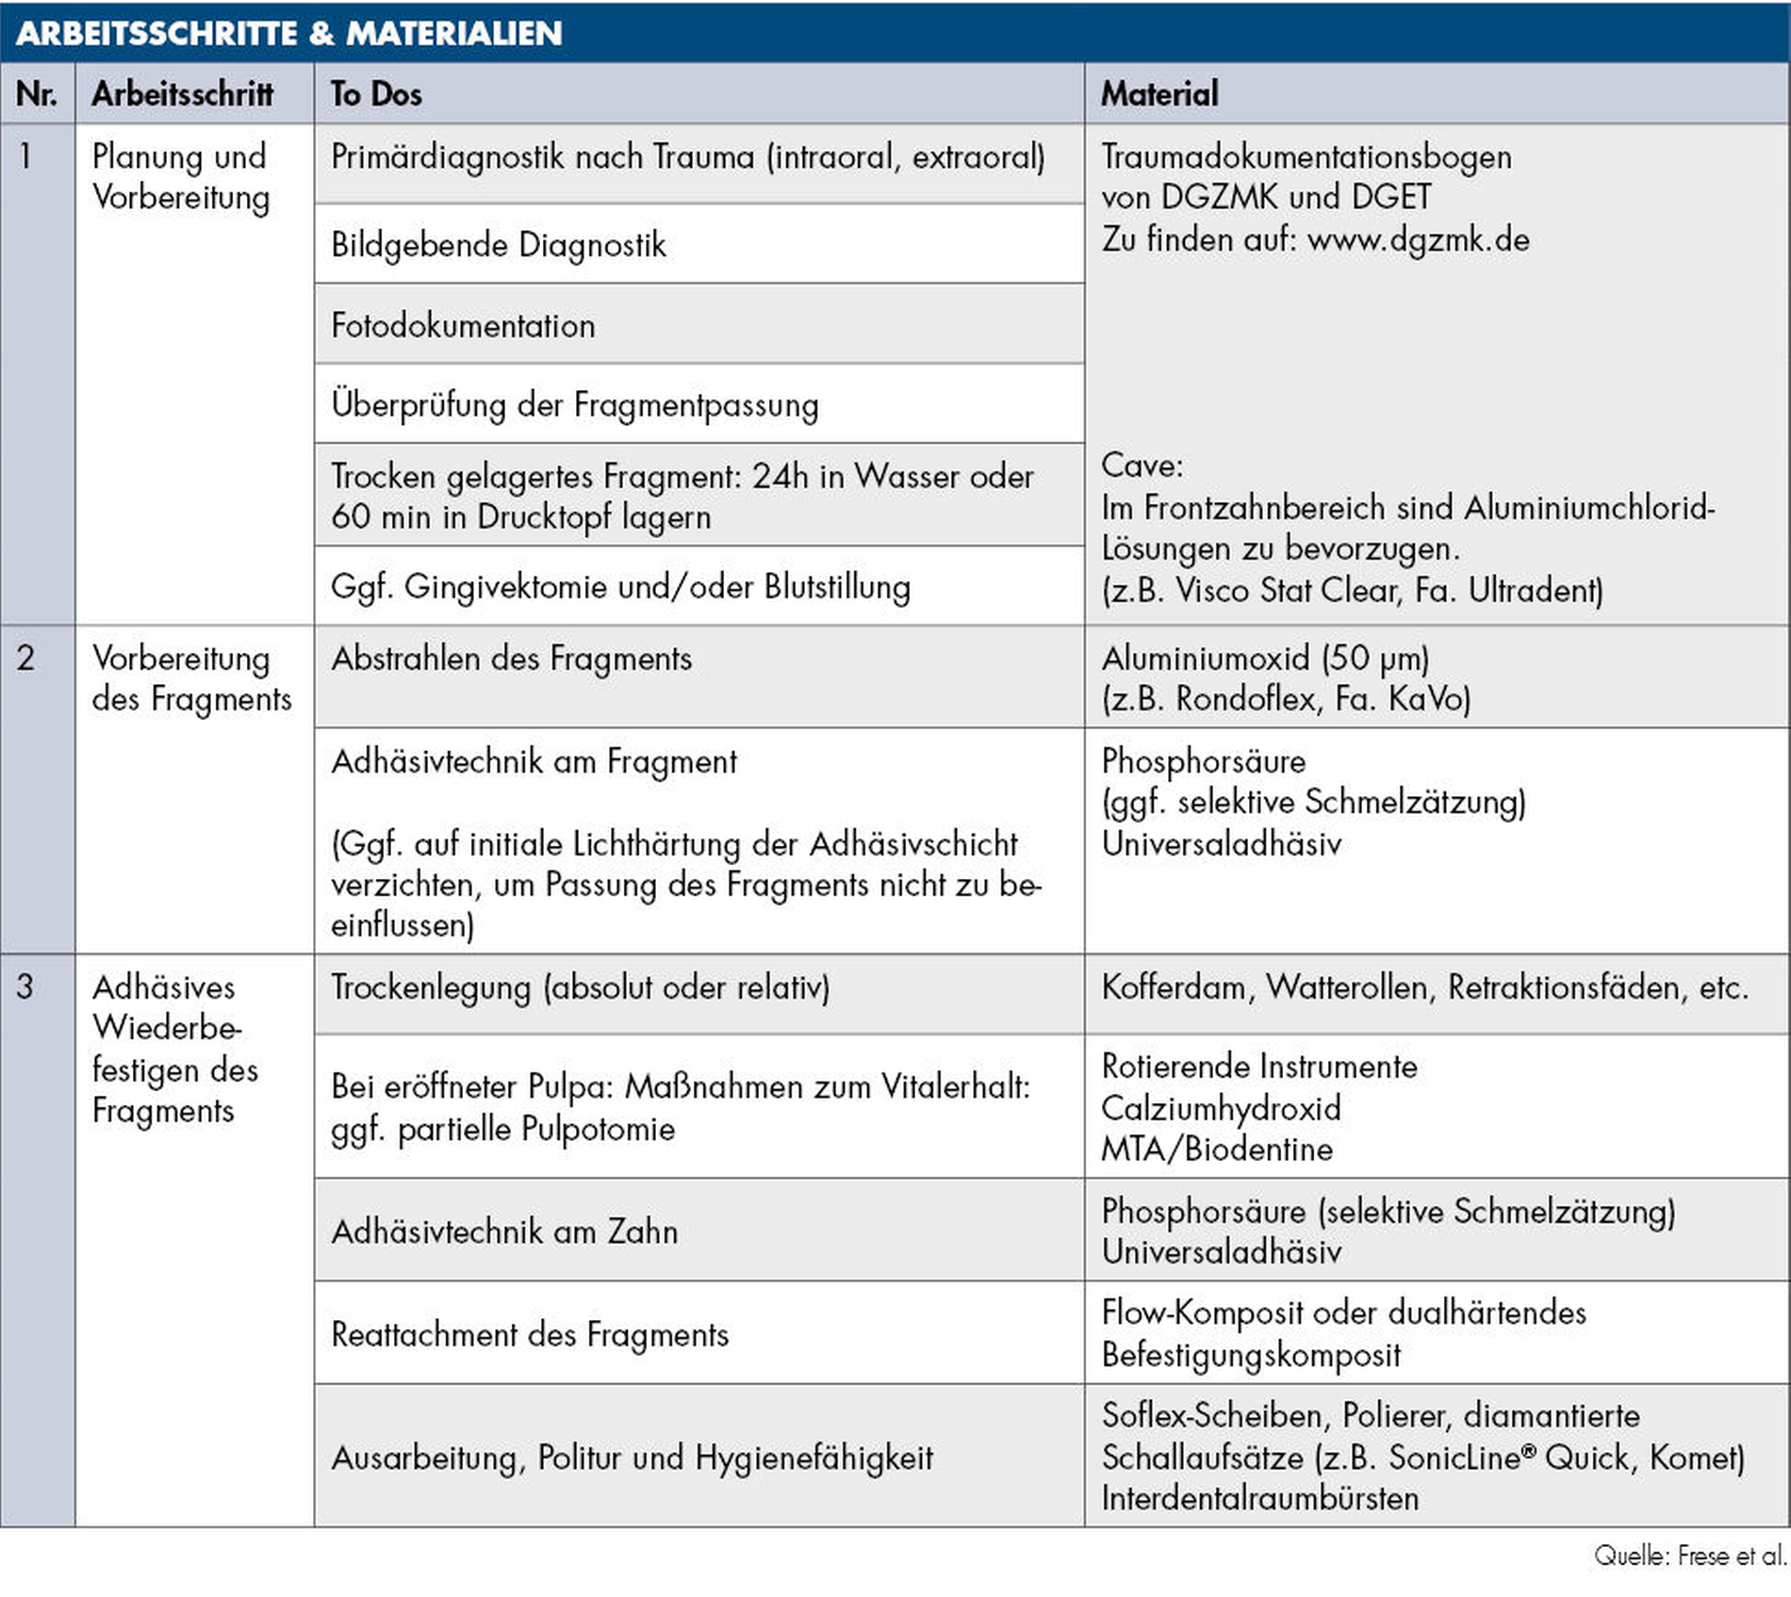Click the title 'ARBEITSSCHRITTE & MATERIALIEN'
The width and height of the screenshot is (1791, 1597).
point(288,33)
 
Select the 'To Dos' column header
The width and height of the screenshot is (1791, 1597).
point(376,93)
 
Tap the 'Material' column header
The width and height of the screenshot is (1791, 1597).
point(1159,93)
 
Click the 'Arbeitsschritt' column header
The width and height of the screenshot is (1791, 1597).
point(182,93)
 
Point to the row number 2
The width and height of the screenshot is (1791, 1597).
point(25,658)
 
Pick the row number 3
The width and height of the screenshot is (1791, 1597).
point(25,986)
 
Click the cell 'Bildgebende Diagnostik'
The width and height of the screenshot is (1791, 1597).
point(498,245)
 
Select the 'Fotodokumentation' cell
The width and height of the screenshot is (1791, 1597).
point(463,325)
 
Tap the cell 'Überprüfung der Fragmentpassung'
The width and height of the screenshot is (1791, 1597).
point(575,405)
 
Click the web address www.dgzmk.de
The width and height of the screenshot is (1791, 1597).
point(1418,239)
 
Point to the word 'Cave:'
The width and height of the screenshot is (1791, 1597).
point(1142,465)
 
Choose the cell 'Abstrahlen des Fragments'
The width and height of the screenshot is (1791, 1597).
point(511,659)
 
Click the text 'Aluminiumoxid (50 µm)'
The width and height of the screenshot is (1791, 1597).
point(1265,658)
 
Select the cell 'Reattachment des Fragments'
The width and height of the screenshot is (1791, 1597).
point(530,1334)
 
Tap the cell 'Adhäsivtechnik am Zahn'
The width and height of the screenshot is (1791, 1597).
point(504,1231)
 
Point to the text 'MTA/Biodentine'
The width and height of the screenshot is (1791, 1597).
point(1217,1149)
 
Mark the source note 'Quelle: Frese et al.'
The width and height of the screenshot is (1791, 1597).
point(1689,1556)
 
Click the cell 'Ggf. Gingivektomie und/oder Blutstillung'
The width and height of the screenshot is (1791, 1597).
point(620,587)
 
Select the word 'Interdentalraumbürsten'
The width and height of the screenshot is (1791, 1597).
point(1260,1498)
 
